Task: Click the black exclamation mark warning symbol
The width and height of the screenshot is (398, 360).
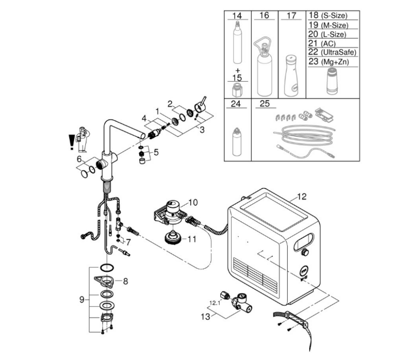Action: (x=72, y=142)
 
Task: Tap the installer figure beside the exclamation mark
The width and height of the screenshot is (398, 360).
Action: (x=83, y=139)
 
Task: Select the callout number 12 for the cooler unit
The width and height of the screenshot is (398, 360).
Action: (x=301, y=197)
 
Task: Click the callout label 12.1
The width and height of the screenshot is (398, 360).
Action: (x=215, y=303)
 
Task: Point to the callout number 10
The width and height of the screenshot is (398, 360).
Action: (x=193, y=202)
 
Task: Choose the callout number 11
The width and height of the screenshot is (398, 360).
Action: (x=192, y=239)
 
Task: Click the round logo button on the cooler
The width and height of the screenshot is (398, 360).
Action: (x=304, y=271)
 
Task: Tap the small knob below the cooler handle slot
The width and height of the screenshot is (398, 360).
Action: (x=304, y=253)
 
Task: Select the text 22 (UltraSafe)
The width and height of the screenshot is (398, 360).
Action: (x=332, y=52)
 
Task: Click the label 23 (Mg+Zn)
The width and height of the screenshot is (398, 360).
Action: (x=329, y=62)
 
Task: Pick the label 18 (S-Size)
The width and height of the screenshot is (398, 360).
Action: (x=328, y=15)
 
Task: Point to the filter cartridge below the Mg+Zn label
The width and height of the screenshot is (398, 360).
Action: (x=332, y=81)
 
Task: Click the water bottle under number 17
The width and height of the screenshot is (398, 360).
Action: (x=291, y=76)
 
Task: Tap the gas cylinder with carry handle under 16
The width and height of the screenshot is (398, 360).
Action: (x=264, y=66)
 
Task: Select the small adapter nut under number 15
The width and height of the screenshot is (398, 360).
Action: (x=237, y=91)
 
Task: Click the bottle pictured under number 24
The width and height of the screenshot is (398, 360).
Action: (x=237, y=142)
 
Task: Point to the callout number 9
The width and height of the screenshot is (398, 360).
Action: (x=82, y=300)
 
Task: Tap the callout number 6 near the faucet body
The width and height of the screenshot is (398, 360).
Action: (x=79, y=159)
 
